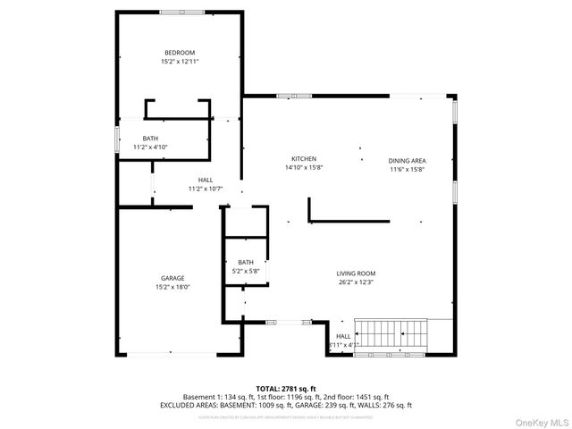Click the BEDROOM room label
(x=179, y=53)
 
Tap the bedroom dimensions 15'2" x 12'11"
(x=179, y=62)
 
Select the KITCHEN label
(x=304, y=158)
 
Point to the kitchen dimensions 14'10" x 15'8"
(x=304, y=167)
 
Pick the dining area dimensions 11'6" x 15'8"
(x=406, y=169)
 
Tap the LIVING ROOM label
(x=356, y=273)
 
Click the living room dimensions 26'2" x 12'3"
(x=356, y=282)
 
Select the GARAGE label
(x=172, y=278)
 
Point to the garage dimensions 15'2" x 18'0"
(x=172, y=287)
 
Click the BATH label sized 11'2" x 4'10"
(x=150, y=138)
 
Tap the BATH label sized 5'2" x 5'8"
(x=246, y=262)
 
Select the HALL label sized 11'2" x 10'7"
(x=205, y=180)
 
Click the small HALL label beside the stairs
(x=343, y=336)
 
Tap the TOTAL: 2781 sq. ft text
(x=286, y=388)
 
